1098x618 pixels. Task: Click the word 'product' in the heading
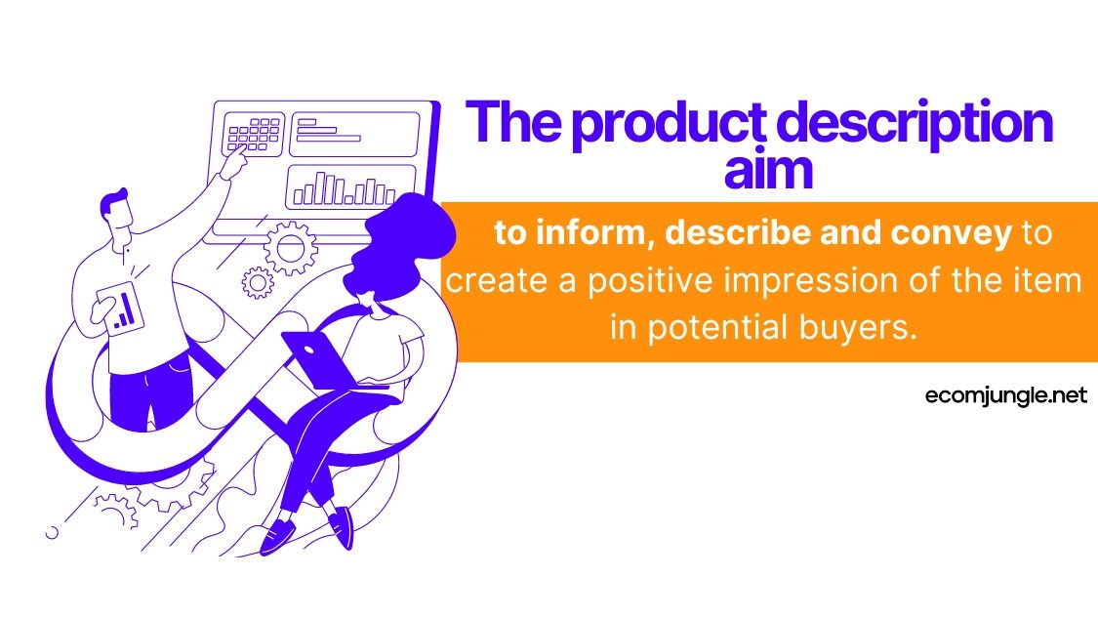click(670, 124)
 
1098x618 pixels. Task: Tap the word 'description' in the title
click(915, 124)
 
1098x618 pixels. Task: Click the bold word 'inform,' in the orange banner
click(591, 232)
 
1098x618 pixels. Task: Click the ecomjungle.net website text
click(1005, 395)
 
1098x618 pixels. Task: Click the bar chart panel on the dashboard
click(350, 187)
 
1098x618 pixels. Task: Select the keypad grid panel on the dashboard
click(254, 133)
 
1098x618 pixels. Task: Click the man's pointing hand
click(235, 163)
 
